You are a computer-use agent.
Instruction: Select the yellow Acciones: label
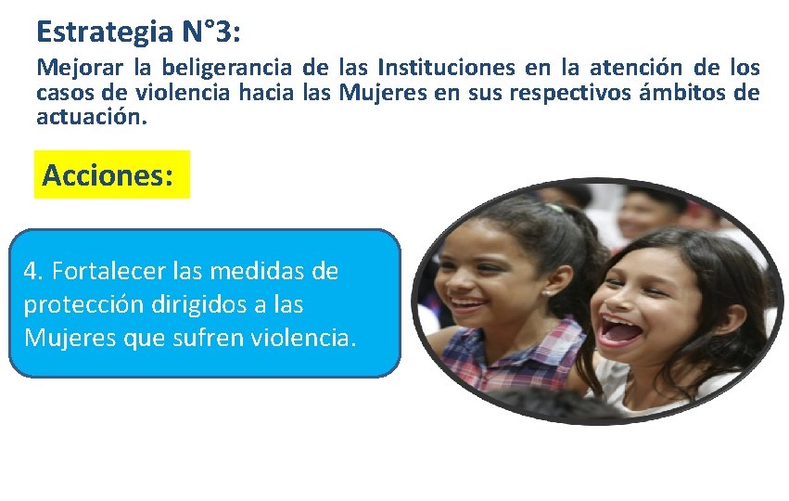(x=108, y=174)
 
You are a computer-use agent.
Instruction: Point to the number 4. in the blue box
(x=35, y=272)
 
